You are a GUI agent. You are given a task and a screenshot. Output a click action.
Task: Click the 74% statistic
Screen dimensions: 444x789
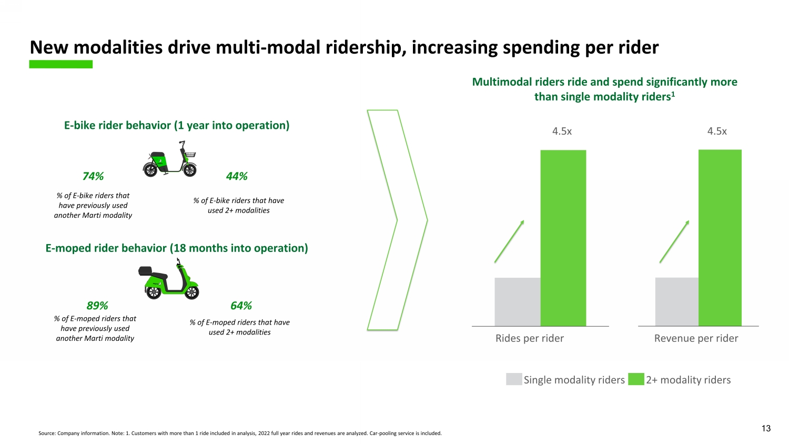pos(93,176)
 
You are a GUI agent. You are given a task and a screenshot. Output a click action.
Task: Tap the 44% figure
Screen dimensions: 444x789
pos(237,176)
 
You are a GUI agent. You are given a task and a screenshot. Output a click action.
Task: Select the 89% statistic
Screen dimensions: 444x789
pos(97,306)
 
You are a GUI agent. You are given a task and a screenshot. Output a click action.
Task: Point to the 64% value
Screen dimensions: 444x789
pos(241,306)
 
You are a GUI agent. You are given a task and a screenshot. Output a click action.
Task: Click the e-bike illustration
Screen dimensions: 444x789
pos(169,159)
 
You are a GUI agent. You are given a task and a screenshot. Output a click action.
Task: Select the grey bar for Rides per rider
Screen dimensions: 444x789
pos(517,301)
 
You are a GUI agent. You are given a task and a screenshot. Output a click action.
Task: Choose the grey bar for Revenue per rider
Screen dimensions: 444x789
pos(676,301)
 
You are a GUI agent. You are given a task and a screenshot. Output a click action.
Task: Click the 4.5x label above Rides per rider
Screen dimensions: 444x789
pos(562,132)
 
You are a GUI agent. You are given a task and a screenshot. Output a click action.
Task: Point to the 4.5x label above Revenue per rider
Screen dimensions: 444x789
pos(717,132)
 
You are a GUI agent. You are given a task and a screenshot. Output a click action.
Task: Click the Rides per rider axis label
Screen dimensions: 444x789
pos(529,338)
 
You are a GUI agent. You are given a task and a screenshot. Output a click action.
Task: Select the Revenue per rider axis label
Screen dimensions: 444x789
pos(696,338)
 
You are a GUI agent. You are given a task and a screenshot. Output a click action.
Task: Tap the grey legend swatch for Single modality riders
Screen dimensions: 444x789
pos(514,379)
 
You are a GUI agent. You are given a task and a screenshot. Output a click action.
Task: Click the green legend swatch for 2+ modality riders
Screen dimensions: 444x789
pos(636,379)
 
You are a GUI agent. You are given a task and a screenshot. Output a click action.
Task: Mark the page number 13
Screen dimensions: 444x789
pos(766,428)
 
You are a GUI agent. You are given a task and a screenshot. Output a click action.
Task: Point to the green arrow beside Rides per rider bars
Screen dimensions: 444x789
pos(509,241)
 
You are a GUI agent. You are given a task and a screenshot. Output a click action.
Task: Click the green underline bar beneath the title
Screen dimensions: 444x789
pos(60,64)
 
